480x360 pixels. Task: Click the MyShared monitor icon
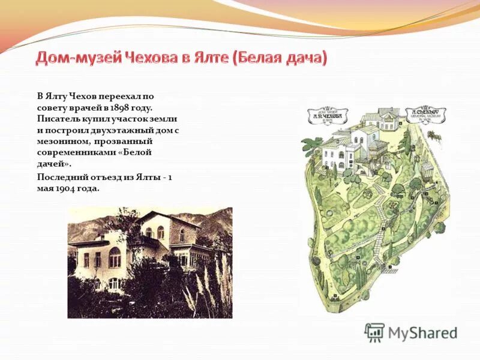pos(374,332)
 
